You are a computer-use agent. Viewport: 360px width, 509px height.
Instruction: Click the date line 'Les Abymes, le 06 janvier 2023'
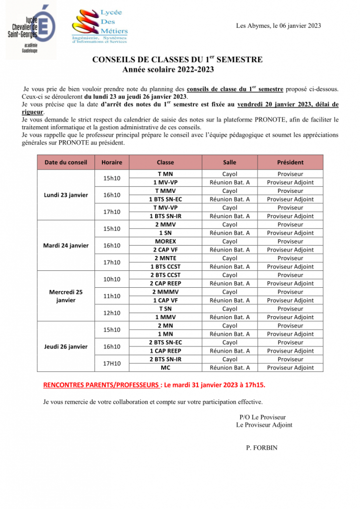278,26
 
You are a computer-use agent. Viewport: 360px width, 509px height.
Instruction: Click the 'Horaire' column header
111,162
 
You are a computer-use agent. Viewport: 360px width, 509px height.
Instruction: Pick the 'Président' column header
290,162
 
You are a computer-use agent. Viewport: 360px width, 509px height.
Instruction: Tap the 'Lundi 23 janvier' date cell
66,195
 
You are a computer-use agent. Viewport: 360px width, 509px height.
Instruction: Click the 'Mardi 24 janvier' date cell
66,246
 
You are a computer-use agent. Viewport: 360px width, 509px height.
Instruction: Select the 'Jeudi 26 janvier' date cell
66,346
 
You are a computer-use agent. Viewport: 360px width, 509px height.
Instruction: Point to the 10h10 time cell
111,279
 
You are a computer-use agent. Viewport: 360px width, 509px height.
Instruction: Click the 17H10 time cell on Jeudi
111,363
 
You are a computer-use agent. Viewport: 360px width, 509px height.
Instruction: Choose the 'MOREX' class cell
165,241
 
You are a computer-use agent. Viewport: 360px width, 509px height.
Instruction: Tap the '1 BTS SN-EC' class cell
165,199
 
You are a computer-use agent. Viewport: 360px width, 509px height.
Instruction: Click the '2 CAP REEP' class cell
165,283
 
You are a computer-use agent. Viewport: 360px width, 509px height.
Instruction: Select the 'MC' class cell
165,368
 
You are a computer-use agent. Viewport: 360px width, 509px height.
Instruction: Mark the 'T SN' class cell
165,309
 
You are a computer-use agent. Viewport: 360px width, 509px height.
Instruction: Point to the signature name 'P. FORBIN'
262,447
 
